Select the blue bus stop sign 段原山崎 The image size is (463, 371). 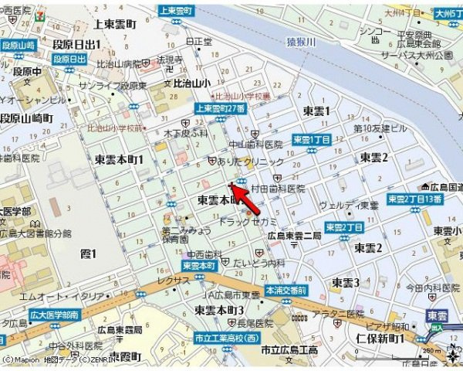pyautogui.click(x=19, y=46)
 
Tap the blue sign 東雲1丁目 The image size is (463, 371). pyautogui.click(x=311, y=139)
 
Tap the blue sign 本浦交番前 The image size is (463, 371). pyautogui.click(x=286, y=291)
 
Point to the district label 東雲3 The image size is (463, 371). pyautogui.click(x=346, y=281)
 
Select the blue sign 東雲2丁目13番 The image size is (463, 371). pyautogui.click(x=414, y=199)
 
